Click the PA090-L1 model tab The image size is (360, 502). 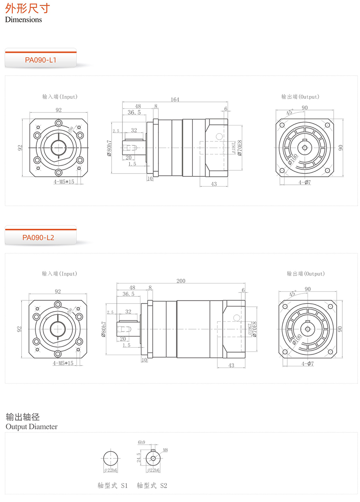tap(40, 60)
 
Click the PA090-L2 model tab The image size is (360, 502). tap(38, 238)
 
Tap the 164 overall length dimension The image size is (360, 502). tap(175, 100)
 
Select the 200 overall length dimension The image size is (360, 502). tap(181, 281)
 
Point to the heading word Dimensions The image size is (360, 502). tap(23, 20)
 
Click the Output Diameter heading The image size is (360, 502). tap(32, 426)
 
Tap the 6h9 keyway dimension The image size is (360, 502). tap(141, 442)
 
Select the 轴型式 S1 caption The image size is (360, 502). tap(112, 486)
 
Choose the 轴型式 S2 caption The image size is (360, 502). tap(152, 486)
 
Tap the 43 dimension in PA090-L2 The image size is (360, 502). tap(231, 366)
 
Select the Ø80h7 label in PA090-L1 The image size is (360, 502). tap(109, 148)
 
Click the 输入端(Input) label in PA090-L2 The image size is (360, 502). tap(59, 274)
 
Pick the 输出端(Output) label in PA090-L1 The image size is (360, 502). tap(300, 97)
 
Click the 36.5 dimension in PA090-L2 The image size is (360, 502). tap(128, 294)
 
